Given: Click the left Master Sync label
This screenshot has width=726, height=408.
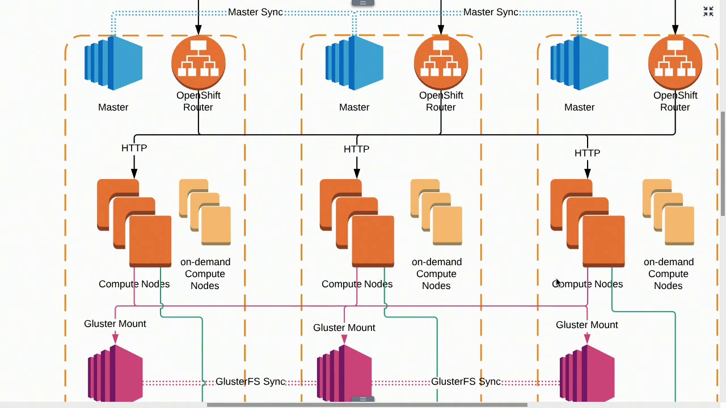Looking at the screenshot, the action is [x=255, y=12].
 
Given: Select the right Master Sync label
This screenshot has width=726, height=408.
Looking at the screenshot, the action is [x=491, y=12].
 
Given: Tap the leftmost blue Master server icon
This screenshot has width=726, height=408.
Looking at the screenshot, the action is [x=113, y=63].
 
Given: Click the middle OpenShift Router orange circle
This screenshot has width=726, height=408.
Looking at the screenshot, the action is [x=441, y=62].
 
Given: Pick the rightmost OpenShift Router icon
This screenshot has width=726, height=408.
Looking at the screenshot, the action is [x=675, y=62].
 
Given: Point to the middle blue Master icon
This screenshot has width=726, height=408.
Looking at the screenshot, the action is [x=354, y=63].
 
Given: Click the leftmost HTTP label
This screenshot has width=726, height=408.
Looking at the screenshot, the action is [x=134, y=148].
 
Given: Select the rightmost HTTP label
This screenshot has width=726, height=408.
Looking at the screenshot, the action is [x=587, y=153].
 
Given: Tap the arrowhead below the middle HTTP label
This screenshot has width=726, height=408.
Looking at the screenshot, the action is [x=357, y=173].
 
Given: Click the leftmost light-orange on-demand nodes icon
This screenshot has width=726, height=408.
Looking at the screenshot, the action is [x=205, y=212].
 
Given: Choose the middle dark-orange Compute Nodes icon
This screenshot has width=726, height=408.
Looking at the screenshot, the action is [x=357, y=223].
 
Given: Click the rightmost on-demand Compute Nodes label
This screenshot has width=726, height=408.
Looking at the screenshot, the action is [x=668, y=274].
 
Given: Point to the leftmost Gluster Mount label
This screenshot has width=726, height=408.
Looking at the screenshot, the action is [x=115, y=324].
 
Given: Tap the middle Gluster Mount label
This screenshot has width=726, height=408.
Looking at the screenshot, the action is [x=344, y=328].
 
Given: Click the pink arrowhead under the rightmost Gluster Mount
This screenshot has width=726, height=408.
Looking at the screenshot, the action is [x=587, y=339].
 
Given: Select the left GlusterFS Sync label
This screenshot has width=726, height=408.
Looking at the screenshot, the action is [x=250, y=381].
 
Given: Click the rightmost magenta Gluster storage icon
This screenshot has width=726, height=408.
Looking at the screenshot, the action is [x=587, y=373].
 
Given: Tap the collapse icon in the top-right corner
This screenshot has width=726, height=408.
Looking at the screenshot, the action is [x=708, y=11].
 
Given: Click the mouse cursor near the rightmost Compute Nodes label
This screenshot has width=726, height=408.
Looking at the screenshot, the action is [x=558, y=283].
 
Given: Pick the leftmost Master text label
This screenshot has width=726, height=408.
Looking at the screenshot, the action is [x=113, y=107].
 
